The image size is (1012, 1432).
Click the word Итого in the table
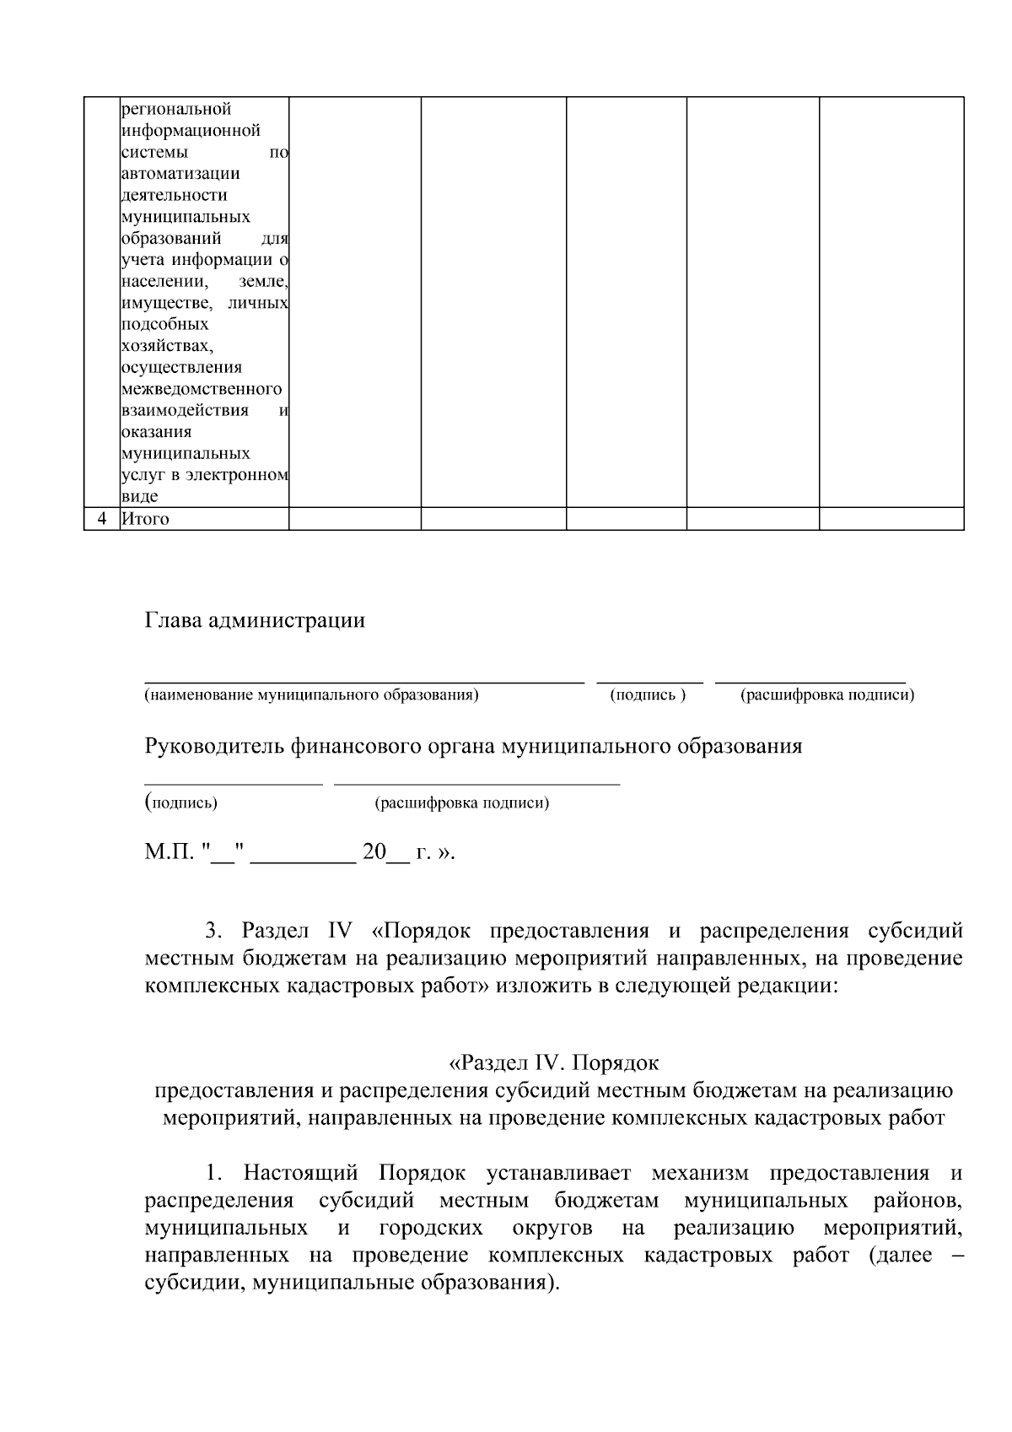[145, 519]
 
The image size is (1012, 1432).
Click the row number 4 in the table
[102, 519]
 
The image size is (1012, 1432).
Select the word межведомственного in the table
[202, 389]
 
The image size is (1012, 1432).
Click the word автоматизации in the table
[180, 174]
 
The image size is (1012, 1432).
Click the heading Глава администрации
[255, 621]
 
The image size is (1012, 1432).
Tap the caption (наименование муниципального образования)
[311, 694]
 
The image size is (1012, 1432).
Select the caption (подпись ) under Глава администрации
[648, 694]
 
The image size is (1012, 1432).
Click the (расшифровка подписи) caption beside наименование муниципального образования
[826, 694]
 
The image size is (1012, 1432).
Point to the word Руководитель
[214, 747]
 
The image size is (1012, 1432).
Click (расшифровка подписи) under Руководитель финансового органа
[461, 802]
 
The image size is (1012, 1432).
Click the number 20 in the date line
[373, 851]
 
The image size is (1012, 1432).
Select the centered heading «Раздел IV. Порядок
[553, 1062]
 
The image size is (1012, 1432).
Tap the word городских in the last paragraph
[431, 1228]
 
